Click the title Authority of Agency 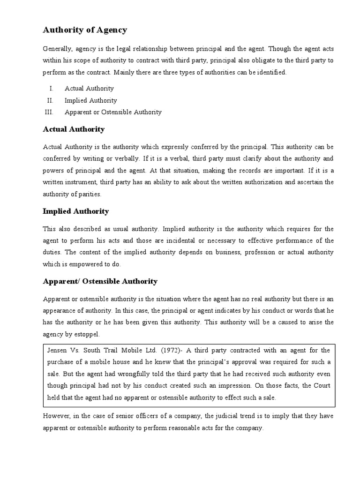(x=85, y=30)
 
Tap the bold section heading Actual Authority (x=74, y=129)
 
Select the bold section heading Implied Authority (x=75, y=211)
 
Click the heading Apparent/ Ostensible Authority (x=100, y=281)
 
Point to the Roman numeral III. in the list (x=48, y=112)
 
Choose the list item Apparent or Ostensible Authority (x=113, y=112)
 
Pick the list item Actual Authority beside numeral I (x=89, y=88)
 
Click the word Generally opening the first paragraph (x=57, y=49)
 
